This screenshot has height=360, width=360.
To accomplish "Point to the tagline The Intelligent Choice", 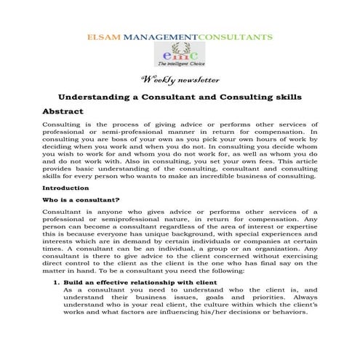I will pyautogui.click(x=179, y=65).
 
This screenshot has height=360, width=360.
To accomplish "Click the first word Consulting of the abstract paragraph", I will pyautogui.click(x=63, y=125).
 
